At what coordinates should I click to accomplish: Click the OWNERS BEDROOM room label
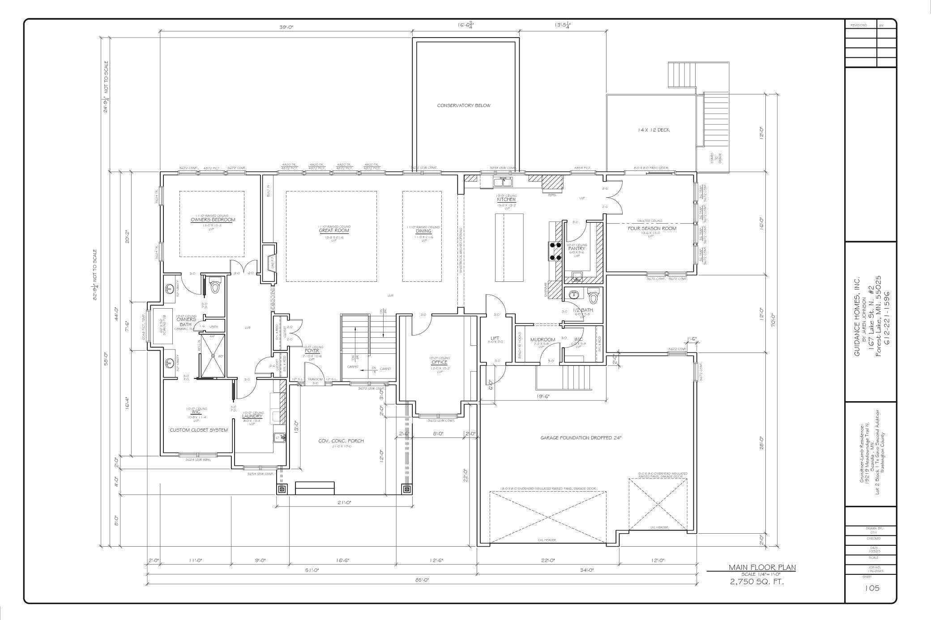[x=213, y=220]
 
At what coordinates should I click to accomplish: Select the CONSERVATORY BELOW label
[x=464, y=106]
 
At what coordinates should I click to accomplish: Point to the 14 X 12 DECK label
[x=654, y=130]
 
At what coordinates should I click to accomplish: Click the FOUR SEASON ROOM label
[x=652, y=228]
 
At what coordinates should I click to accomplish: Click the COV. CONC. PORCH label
[x=341, y=441]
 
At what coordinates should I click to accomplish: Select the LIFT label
[x=495, y=338]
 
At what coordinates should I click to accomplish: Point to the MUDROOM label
[x=542, y=340]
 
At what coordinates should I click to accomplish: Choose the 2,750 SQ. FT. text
[x=757, y=582]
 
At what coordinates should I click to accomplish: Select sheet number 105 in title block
[x=872, y=588]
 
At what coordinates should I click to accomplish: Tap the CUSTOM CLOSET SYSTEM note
[x=199, y=430]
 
